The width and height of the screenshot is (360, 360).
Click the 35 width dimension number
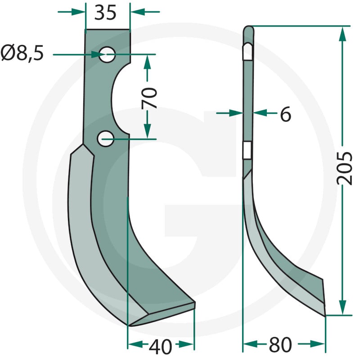105,13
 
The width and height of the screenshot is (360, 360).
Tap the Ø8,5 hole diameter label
22,54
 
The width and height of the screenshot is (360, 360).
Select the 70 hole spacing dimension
149,98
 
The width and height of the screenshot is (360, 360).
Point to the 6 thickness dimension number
286,114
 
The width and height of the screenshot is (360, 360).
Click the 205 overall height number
344,168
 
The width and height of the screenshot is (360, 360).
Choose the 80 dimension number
280,345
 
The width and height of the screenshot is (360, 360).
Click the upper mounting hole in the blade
107,54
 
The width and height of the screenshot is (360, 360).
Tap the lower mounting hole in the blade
105,139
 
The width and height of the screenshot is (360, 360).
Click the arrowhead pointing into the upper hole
98,54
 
